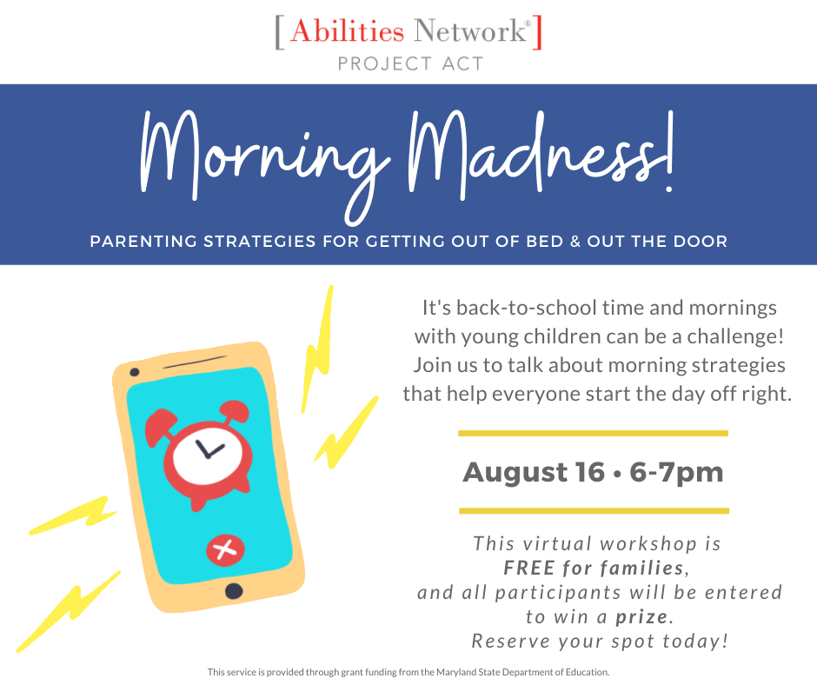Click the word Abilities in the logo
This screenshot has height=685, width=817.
pyautogui.click(x=347, y=30)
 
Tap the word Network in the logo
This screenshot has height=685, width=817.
pyautogui.click(x=470, y=30)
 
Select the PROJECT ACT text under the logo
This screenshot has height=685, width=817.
pyautogui.click(x=410, y=63)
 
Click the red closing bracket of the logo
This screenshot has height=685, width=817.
pyautogui.click(x=537, y=32)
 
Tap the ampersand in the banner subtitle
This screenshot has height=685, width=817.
pyautogui.click(x=575, y=242)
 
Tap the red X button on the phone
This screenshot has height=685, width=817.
pyautogui.click(x=225, y=549)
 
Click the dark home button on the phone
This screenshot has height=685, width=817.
pyautogui.click(x=234, y=591)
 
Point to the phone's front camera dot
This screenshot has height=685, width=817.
pyautogui.click(x=135, y=372)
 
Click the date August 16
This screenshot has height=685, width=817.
pyautogui.click(x=534, y=473)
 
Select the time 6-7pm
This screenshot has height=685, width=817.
pyautogui.click(x=676, y=473)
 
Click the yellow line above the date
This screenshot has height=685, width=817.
pyautogui.click(x=593, y=433)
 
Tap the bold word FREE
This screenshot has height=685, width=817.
pyautogui.click(x=529, y=568)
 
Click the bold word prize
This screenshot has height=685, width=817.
pyautogui.click(x=641, y=617)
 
